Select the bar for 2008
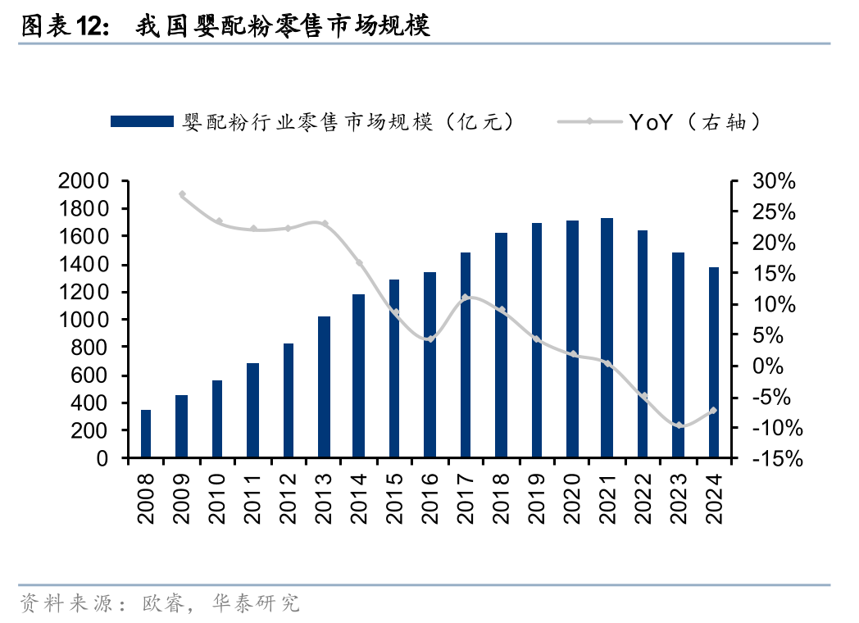pos(146,434)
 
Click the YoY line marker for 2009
pos(182,194)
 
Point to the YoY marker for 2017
pos(465,298)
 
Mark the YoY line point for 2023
pos(679,425)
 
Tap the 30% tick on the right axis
pos(773,181)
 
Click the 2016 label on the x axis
pos(430,499)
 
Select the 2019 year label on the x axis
pos(536,499)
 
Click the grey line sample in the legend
pos(589,122)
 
